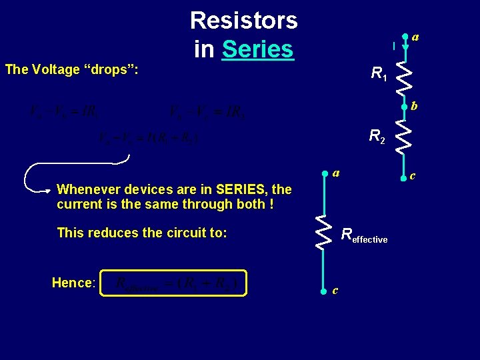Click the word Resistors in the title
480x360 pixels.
(x=243, y=21)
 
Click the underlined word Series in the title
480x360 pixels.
(x=257, y=49)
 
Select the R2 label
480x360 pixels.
(x=378, y=137)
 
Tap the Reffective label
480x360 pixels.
(x=363, y=235)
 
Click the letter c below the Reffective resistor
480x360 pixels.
(x=335, y=290)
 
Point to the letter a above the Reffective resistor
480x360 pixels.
(x=336, y=173)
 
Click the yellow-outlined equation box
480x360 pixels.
(x=173, y=283)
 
